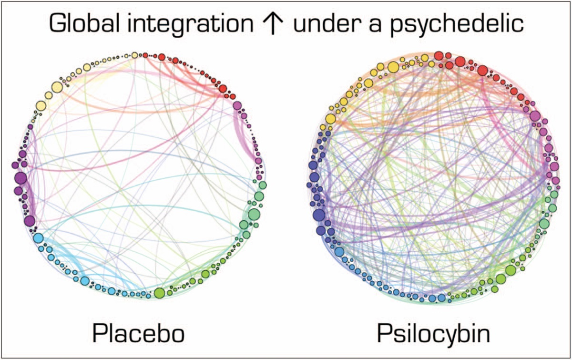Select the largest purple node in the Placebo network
tap(20, 179)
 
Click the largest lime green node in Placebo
tap(159, 292)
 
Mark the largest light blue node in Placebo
tap(39, 238)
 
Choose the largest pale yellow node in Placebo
tap(57, 87)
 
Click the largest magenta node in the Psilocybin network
tap(535, 116)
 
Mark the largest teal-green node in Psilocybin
tap(544, 223)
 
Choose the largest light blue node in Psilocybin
tap(339, 251)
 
